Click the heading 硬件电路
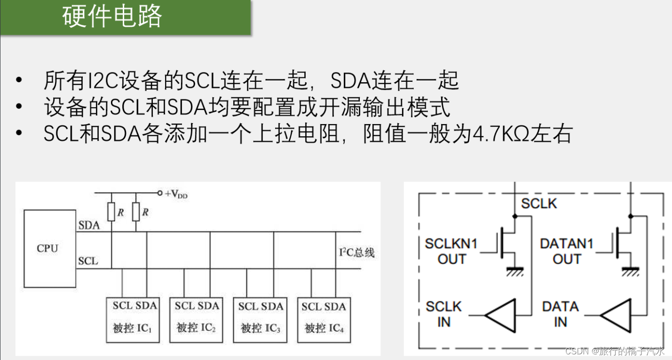(112, 16)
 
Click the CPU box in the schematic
(50, 249)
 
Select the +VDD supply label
(176, 194)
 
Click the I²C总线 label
(357, 252)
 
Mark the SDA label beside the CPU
(89, 226)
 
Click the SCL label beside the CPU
(88, 261)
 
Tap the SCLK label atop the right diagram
(539, 203)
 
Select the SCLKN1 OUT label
(451, 251)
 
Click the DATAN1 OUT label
(567, 251)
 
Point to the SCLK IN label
(444, 314)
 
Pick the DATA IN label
(560, 314)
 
